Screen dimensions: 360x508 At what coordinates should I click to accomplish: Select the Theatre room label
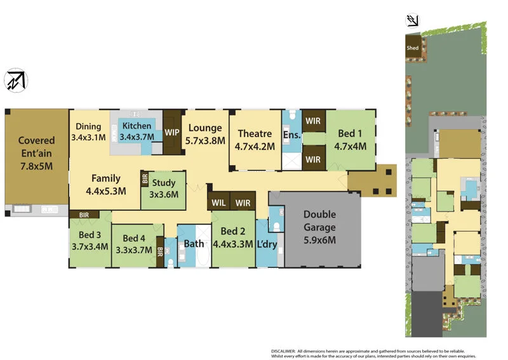pos(255,134)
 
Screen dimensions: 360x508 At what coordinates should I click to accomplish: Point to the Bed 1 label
pos(351,134)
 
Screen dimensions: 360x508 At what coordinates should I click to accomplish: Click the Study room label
pos(164,183)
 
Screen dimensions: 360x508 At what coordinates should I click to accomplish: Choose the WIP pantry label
pos(172,133)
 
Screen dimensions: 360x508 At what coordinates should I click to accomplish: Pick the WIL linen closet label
pos(218,203)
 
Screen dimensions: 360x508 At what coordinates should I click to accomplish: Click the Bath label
pos(194,244)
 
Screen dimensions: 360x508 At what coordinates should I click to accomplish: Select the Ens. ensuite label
pos(291,135)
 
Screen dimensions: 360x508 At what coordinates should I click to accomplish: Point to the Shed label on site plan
pos(413,48)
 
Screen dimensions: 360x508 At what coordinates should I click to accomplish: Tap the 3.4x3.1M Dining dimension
pos(88,137)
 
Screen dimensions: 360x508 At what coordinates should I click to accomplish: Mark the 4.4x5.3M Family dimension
pos(106,190)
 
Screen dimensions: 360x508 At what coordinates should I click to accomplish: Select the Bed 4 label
pos(134,238)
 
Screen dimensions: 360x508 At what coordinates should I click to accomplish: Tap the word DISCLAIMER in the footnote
pos(284,350)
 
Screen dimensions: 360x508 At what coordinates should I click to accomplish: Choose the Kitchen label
pos(137,126)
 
